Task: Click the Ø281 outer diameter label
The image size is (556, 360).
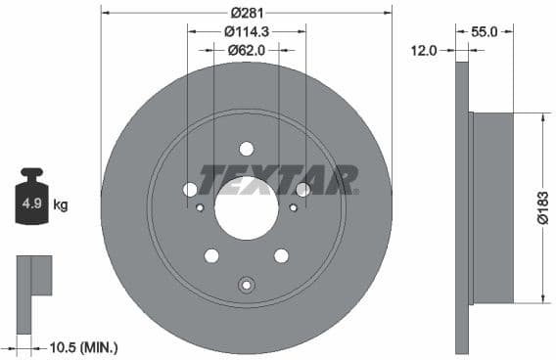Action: click(247, 13)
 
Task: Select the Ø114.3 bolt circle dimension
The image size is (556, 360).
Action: click(247, 31)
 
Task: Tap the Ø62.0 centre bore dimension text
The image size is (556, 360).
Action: click(247, 49)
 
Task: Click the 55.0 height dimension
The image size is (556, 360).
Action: click(486, 31)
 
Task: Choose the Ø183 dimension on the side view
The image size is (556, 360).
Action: click(542, 207)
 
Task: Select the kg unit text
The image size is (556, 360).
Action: click(61, 205)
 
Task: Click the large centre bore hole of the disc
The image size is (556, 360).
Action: click(246, 209)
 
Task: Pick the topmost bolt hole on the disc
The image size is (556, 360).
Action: click(246, 149)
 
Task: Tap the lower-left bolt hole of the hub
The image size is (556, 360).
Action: click(211, 256)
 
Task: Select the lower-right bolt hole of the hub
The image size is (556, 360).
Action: click(281, 256)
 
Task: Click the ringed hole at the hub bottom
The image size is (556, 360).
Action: click(246, 285)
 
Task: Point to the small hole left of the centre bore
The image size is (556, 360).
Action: click(200, 207)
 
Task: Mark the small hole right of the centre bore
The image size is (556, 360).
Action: click(293, 207)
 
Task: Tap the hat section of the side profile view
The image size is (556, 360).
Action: click(490, 207)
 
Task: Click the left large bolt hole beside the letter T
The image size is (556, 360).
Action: click(190, 189)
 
